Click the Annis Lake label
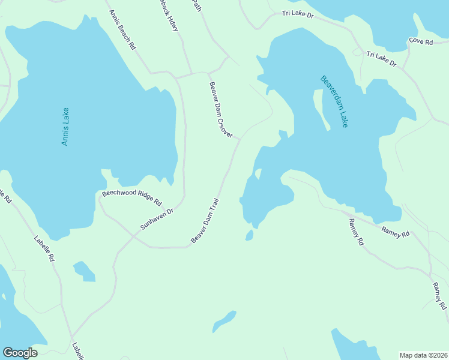[x=65, y=127]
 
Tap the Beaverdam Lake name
[x=334, y=101]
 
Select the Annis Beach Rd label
[x=122, y=29]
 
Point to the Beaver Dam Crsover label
[x=220, y=110]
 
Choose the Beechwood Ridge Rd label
[x=132, y=194]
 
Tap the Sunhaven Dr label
[x=157, y=219]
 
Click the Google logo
[x=20, y=353]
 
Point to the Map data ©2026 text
[x=424, y=355]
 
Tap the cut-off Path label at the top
[x=194, y=4]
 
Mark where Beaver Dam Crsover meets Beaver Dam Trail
[x=240, y=139]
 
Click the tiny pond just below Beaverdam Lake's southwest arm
[x=249, y=235]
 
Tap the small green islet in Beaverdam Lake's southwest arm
[x=258, y=174]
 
